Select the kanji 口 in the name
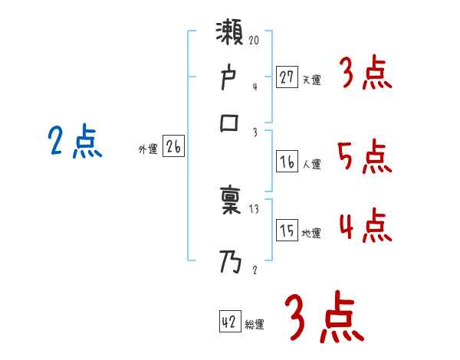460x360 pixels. pos(230,123)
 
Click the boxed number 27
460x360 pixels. pos(287,77)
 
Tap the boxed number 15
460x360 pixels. pos(287,231)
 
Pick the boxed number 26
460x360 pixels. pos(174,147)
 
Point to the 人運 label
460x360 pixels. pos(312,164)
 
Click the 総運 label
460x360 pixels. pos(255,325)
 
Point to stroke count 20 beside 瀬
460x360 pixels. pos(255,38)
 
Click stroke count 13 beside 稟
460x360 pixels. pos(255,209)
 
